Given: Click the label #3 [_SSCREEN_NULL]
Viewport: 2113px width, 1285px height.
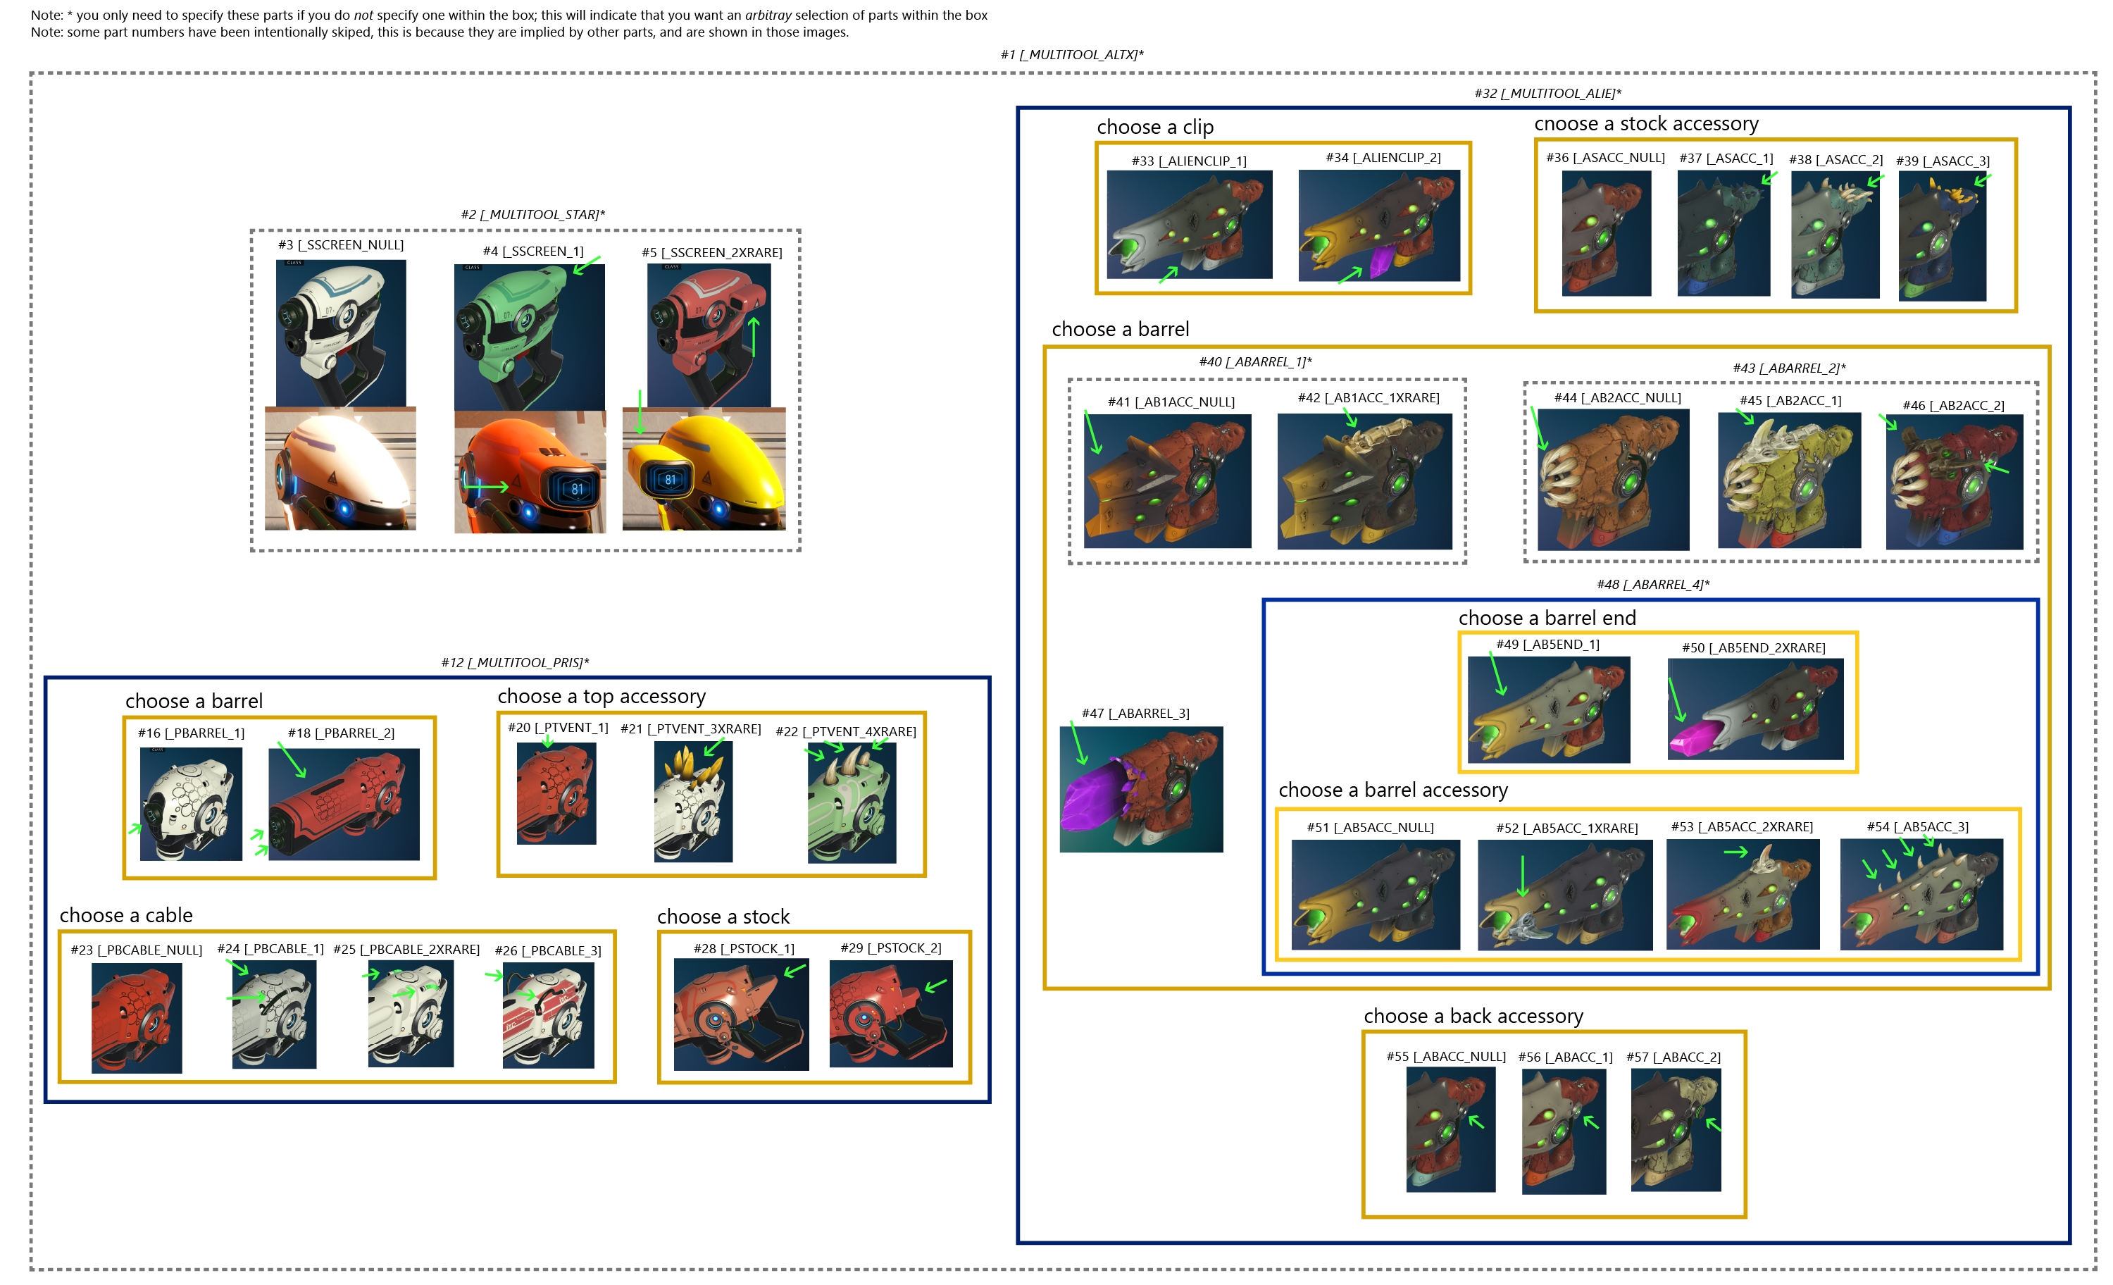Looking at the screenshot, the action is pos(340,245).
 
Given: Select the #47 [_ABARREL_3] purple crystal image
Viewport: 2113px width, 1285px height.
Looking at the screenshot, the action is pos(1142,789).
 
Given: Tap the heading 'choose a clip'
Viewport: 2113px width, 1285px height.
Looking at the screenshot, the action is pos(1155,127).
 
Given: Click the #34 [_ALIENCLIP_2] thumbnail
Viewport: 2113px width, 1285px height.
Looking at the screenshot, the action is pos(1379,225).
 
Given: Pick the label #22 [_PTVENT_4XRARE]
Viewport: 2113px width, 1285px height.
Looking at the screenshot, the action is pos(845,732).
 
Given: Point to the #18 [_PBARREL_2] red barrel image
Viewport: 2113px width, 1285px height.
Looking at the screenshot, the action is pos(344,804).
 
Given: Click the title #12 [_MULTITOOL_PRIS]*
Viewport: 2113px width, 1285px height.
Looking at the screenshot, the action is pos(515,663).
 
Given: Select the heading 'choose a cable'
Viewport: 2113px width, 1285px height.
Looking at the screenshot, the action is pos(126,915).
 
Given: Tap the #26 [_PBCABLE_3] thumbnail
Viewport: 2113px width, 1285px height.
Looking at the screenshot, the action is pos(548,1014).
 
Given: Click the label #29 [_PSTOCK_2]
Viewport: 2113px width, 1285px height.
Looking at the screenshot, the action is pos(891,948).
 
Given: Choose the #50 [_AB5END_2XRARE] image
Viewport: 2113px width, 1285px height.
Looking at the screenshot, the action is pos(1755,709).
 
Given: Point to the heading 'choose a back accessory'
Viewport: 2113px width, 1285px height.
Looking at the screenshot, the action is pos(1473,1017).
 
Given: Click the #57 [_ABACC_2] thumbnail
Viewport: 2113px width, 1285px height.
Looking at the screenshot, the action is pos(1676,1130).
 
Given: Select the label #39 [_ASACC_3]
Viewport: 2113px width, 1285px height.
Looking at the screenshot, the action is pos(1943,161).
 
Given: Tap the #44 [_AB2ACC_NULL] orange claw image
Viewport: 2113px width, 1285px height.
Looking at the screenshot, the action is pos(1613,480).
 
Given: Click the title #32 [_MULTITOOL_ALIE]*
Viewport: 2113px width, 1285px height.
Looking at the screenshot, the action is pos(1547,94).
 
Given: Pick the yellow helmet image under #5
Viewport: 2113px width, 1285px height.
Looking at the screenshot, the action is pos(704,468).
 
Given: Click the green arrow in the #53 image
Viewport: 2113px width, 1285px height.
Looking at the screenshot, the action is pos(1735,852).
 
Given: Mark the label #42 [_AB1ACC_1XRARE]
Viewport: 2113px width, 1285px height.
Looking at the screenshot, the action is pos(1368,398).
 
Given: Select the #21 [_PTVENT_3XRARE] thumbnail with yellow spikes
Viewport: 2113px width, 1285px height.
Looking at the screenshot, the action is pos(693,802).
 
